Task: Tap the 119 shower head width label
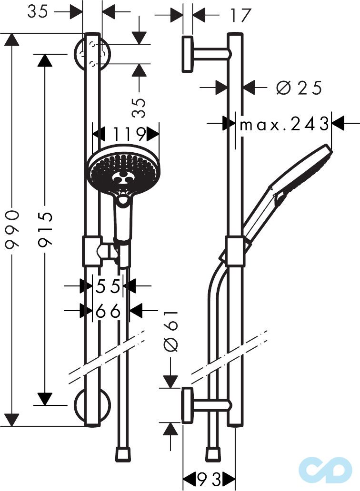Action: click(129, 134)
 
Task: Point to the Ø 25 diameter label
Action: click(299, 88)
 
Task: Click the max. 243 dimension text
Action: click(284, 124)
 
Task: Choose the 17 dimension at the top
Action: click(240, 15)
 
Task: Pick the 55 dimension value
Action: click(108, 286)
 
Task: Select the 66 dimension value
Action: click(108, 311)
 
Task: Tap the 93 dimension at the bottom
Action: click(209, 479)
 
